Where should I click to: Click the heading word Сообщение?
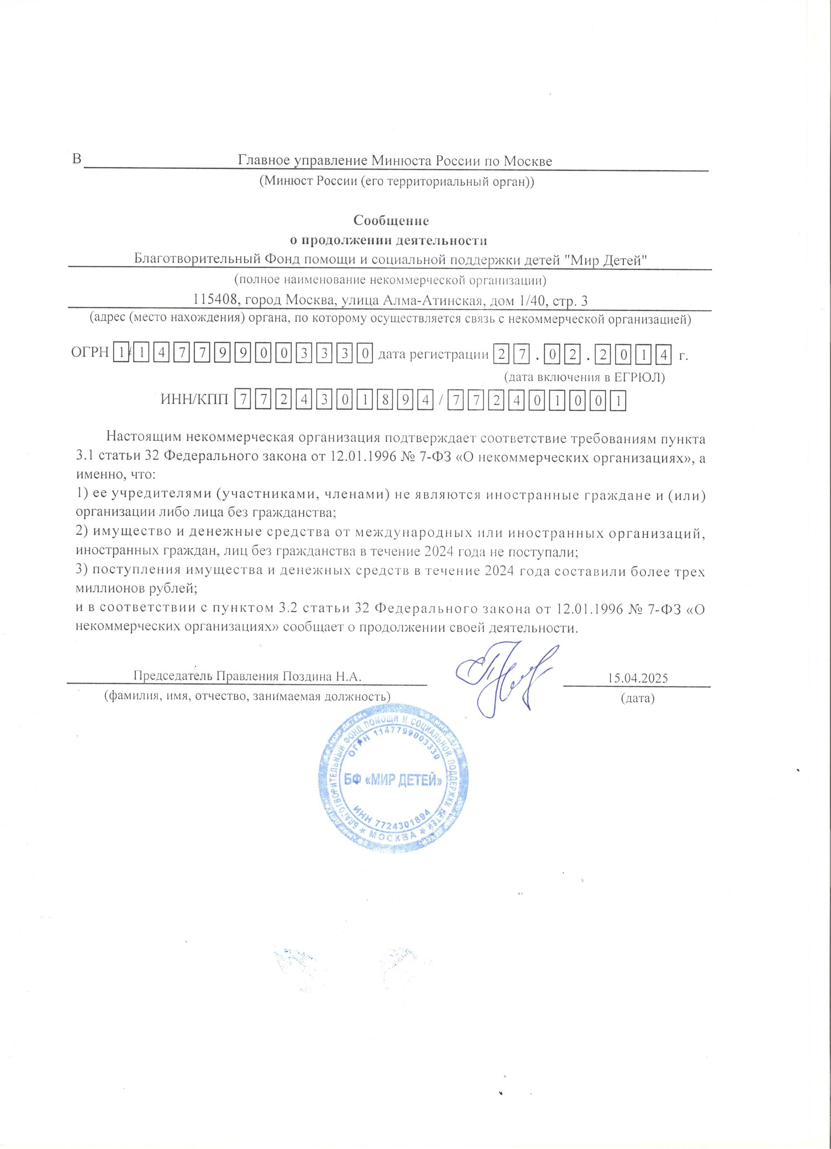pos(391,221)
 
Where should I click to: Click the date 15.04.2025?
pos(638,678)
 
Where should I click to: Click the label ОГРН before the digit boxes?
pos(90,353)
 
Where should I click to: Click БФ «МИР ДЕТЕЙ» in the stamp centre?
pos(393,781)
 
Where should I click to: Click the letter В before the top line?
pos(77,160)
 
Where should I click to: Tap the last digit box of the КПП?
pos(619,401)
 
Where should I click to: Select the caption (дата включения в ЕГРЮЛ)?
pos(584,377)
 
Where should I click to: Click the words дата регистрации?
pos(433,354)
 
